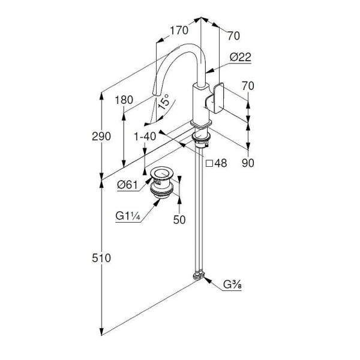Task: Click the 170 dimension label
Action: click(x=179, y=31)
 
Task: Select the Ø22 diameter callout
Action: click(x=241, y=57)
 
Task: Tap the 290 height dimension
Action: click(x=101, y=136)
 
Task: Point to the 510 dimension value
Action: click(x=101, y=258)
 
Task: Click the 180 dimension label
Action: click(x=124, y=100)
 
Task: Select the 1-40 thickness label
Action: click(x=145, y=137)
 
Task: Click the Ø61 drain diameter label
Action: click(x=127, y=185)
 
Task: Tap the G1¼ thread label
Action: click(x=128, y=216)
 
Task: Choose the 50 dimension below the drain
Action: click(x=179, y=220)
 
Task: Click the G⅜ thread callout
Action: click(x=232, y=285)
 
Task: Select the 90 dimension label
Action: click(x=248, y=163)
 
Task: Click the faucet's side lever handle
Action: click(x=214, y=98)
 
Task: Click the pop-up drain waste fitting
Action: click(x=161, y=182)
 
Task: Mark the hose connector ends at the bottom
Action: click(x=199, y=275)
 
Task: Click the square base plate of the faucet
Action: click(x=201, y=124)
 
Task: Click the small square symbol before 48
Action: click(x=209, y=163)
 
